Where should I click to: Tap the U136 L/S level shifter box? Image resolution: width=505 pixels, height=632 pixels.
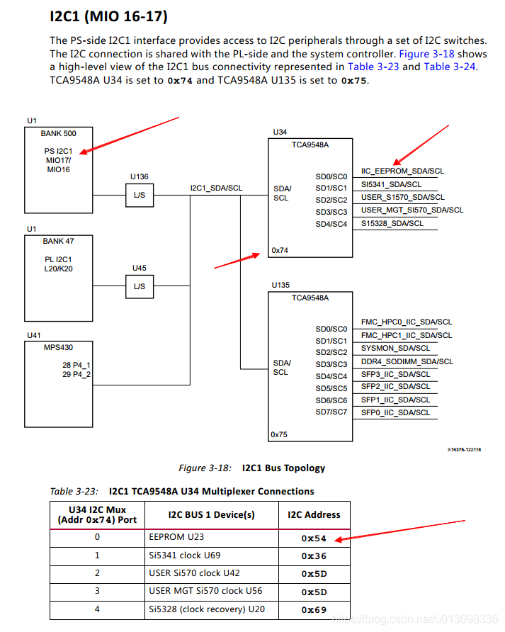click(x=139, y=195)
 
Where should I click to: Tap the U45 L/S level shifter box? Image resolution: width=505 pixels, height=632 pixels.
click(x=139, y=286)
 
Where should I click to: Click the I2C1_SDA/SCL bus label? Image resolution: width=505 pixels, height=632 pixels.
click(x=216, y=188)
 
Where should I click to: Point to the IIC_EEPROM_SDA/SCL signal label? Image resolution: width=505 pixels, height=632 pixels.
click(x=402, y=171)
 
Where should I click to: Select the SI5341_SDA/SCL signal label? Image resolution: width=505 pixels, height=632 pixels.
click(x=392, y=184)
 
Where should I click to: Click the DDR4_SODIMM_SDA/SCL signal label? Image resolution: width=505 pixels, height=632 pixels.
click(x=407, y=361)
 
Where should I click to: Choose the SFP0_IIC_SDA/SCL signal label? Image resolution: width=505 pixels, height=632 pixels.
click(x=395, y=412)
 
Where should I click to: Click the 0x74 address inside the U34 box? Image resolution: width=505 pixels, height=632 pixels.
click(x=280, y=250)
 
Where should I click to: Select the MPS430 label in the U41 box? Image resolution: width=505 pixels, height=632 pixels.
click(x=58, y=348)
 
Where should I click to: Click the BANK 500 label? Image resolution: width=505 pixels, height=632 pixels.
click(x=58, y=133)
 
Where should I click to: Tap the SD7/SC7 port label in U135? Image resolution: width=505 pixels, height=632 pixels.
click(x=331, y=412)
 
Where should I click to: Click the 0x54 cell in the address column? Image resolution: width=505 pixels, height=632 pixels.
click(x=314, y=538)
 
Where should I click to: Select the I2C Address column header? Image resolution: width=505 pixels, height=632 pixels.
click(x=313, y=515)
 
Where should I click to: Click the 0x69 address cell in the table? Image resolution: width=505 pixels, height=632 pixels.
click(x=314, y=609)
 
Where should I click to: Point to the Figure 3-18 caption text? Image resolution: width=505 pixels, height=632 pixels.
click(x=251, y=468)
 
